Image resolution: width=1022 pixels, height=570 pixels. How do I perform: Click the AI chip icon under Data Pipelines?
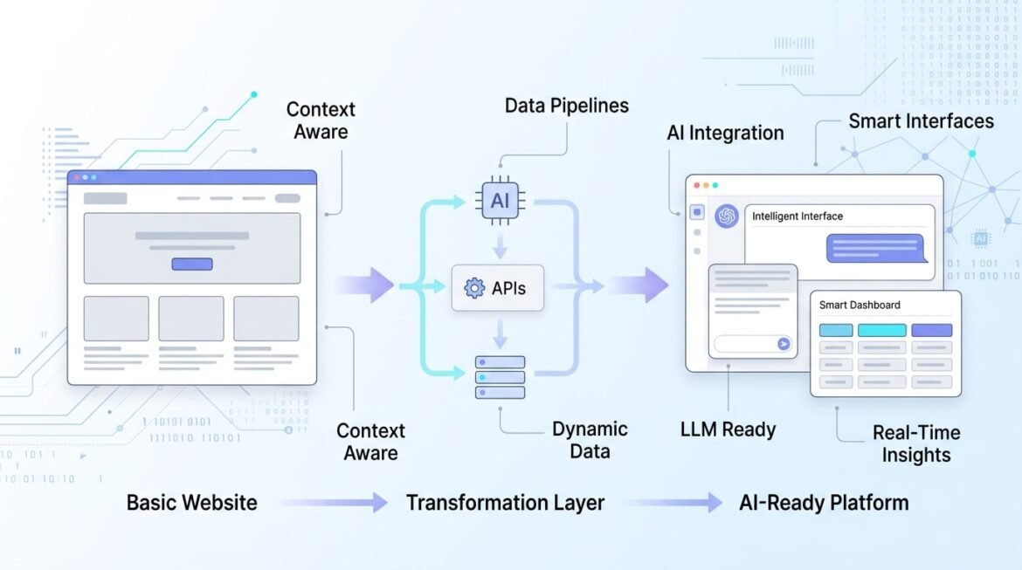(500, 201)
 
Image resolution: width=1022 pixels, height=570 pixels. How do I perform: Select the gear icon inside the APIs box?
(474, 288)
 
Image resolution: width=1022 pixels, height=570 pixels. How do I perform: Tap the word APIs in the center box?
(508, 288)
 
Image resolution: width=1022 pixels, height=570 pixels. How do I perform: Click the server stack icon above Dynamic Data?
(500, 377)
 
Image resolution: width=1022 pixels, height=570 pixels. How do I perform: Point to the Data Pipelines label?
(566, 106)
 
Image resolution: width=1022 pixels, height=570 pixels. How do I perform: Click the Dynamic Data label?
(590, 440)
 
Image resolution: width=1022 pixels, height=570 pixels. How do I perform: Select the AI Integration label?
(725, 133)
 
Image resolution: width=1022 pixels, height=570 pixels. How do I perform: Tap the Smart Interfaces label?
(921, 121)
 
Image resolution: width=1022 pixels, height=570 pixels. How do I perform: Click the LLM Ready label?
(728, 429)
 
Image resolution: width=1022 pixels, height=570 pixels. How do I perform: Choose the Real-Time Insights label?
(915, 443)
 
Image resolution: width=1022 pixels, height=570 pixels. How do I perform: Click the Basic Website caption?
(192, 503)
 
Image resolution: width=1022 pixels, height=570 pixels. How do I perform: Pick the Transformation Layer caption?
(505, 503)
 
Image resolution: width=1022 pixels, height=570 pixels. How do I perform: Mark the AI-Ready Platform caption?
(824, 503)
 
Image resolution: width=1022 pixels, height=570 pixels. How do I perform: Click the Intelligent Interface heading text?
(798, 216)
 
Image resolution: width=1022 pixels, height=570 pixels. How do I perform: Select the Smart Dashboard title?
(860, 305)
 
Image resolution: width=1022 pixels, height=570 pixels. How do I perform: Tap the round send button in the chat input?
(784, 344)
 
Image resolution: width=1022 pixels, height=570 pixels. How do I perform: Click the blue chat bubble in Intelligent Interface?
(875, 248)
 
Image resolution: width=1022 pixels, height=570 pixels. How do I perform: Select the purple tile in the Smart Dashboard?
(931, 330)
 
